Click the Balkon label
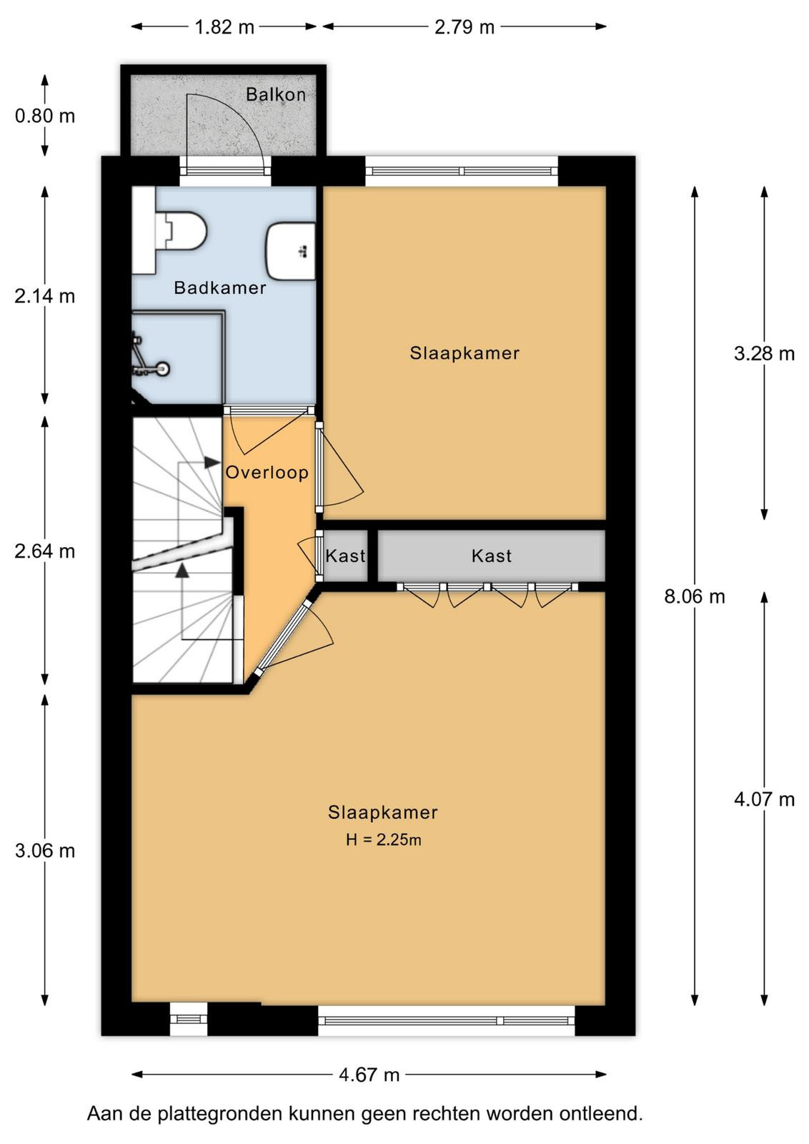click(276, 94)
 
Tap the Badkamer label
click(220, 288)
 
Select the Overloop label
click(267, 473)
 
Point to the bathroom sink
click(290, 251)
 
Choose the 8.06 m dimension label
click(694, 596)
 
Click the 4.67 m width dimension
click(369, 1075)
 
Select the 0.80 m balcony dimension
click(45, 117)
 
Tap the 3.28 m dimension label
click(764, 353)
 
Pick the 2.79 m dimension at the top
click(465, 27)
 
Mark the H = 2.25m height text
click(383, 839)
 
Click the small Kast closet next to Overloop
click(346, 556)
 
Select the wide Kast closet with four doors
click(491, 556)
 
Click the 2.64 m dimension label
click(45, 551)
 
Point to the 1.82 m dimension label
click(224, 27)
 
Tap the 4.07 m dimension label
click(764, 799)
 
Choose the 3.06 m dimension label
click(45, 851)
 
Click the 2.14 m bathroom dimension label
click(45, 296)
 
